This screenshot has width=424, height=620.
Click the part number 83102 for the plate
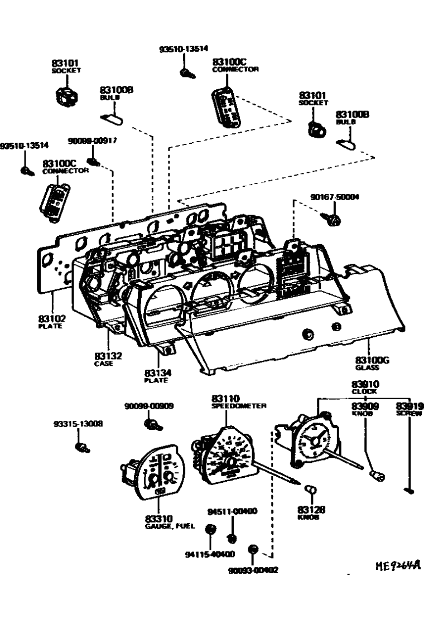click(x=52, y=319)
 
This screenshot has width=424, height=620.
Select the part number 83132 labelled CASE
click(x=108, y=356)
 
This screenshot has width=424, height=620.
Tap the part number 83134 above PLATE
click(x=158, y=372)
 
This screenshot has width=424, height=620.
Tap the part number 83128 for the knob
click(x=311, y=510)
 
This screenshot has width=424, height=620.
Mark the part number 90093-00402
click(x=253, y=570)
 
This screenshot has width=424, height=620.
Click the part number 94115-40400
click(x=210, y=554)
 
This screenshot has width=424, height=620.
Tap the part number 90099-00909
click(x=148, y=406)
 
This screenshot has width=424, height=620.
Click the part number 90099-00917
click(x=93, y=141)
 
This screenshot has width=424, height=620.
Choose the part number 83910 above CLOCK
click(x=365, y=384)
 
